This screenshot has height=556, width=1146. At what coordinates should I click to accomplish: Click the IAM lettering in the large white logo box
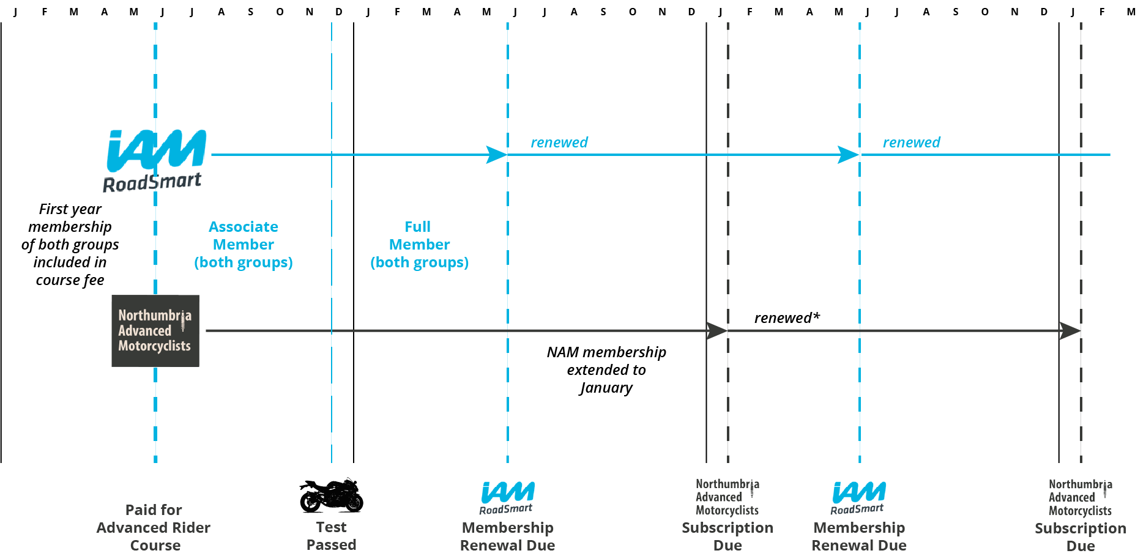[x=157, y=150]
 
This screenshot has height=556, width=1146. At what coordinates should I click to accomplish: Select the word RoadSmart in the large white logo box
[x=152, y=182]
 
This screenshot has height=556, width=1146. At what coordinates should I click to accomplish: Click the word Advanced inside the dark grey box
[x=144, y=331]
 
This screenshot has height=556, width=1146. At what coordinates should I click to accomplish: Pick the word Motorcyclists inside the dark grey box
[x=154, y=346]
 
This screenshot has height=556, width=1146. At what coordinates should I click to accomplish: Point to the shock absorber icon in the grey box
[x=183, y=323]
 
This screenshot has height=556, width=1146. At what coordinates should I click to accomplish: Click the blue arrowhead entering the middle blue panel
[x=496, y=155]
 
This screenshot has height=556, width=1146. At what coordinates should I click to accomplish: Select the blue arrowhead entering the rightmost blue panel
[x=847, y=155]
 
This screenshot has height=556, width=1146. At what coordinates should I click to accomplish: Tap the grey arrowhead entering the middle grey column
[x=716, y=331]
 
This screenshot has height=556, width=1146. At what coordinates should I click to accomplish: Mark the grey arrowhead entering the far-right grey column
[x=1069, y=331]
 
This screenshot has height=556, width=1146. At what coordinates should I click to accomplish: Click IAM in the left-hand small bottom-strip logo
[x=508, y=492]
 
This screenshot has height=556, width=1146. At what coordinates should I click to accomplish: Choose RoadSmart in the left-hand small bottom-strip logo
[x=505, y=510]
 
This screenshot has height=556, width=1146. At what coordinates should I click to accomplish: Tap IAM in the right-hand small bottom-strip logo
[x=859, y=492]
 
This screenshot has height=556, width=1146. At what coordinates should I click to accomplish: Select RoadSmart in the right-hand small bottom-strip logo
[x=857, y=509]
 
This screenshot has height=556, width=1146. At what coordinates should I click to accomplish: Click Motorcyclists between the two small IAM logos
[x=727, y=511]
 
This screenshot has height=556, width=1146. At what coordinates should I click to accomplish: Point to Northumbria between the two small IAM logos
[x=727, y=484]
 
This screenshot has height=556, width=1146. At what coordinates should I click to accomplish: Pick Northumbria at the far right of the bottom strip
[x=1080, y=484]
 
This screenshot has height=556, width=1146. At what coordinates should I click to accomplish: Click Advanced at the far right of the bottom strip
[x=1071, y=498]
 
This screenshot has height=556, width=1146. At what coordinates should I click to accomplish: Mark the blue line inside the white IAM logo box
[x=269, y=155]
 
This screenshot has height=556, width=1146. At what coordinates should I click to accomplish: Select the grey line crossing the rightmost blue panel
[x=958, y=331]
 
